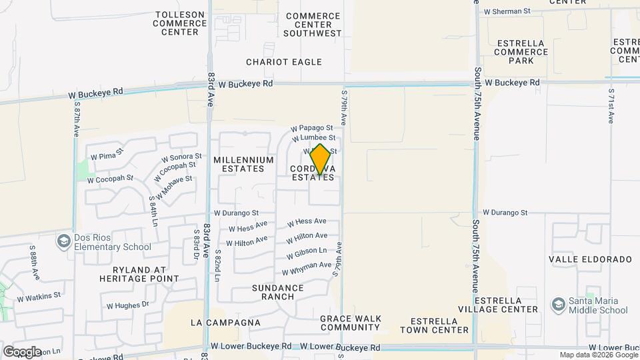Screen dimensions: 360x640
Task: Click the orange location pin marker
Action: (x=320, y=159)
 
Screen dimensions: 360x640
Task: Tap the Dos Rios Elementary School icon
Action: (x=65, y=240)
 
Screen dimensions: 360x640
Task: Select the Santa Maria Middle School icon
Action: (x=557, y=305)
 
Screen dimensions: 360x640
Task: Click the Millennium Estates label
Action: (x=243, y=165)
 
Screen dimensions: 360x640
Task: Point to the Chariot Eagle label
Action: (x=284, y=62)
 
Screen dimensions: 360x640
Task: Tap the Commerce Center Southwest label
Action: (x=313, y=25)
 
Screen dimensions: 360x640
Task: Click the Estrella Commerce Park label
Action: (x=521, y=52)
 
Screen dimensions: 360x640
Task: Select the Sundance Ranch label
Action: (x=278, y=292)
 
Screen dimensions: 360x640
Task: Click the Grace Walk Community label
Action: (x=349, y=323)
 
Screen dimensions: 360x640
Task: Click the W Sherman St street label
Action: (x=507, y=11)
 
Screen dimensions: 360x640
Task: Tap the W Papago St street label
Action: (x=311, y=128)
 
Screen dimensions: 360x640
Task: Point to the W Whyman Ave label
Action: (x=307, y=269)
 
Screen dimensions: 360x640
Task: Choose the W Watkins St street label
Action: (x=39, y=295)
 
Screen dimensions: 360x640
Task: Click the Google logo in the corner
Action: (x=22, y=351)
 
